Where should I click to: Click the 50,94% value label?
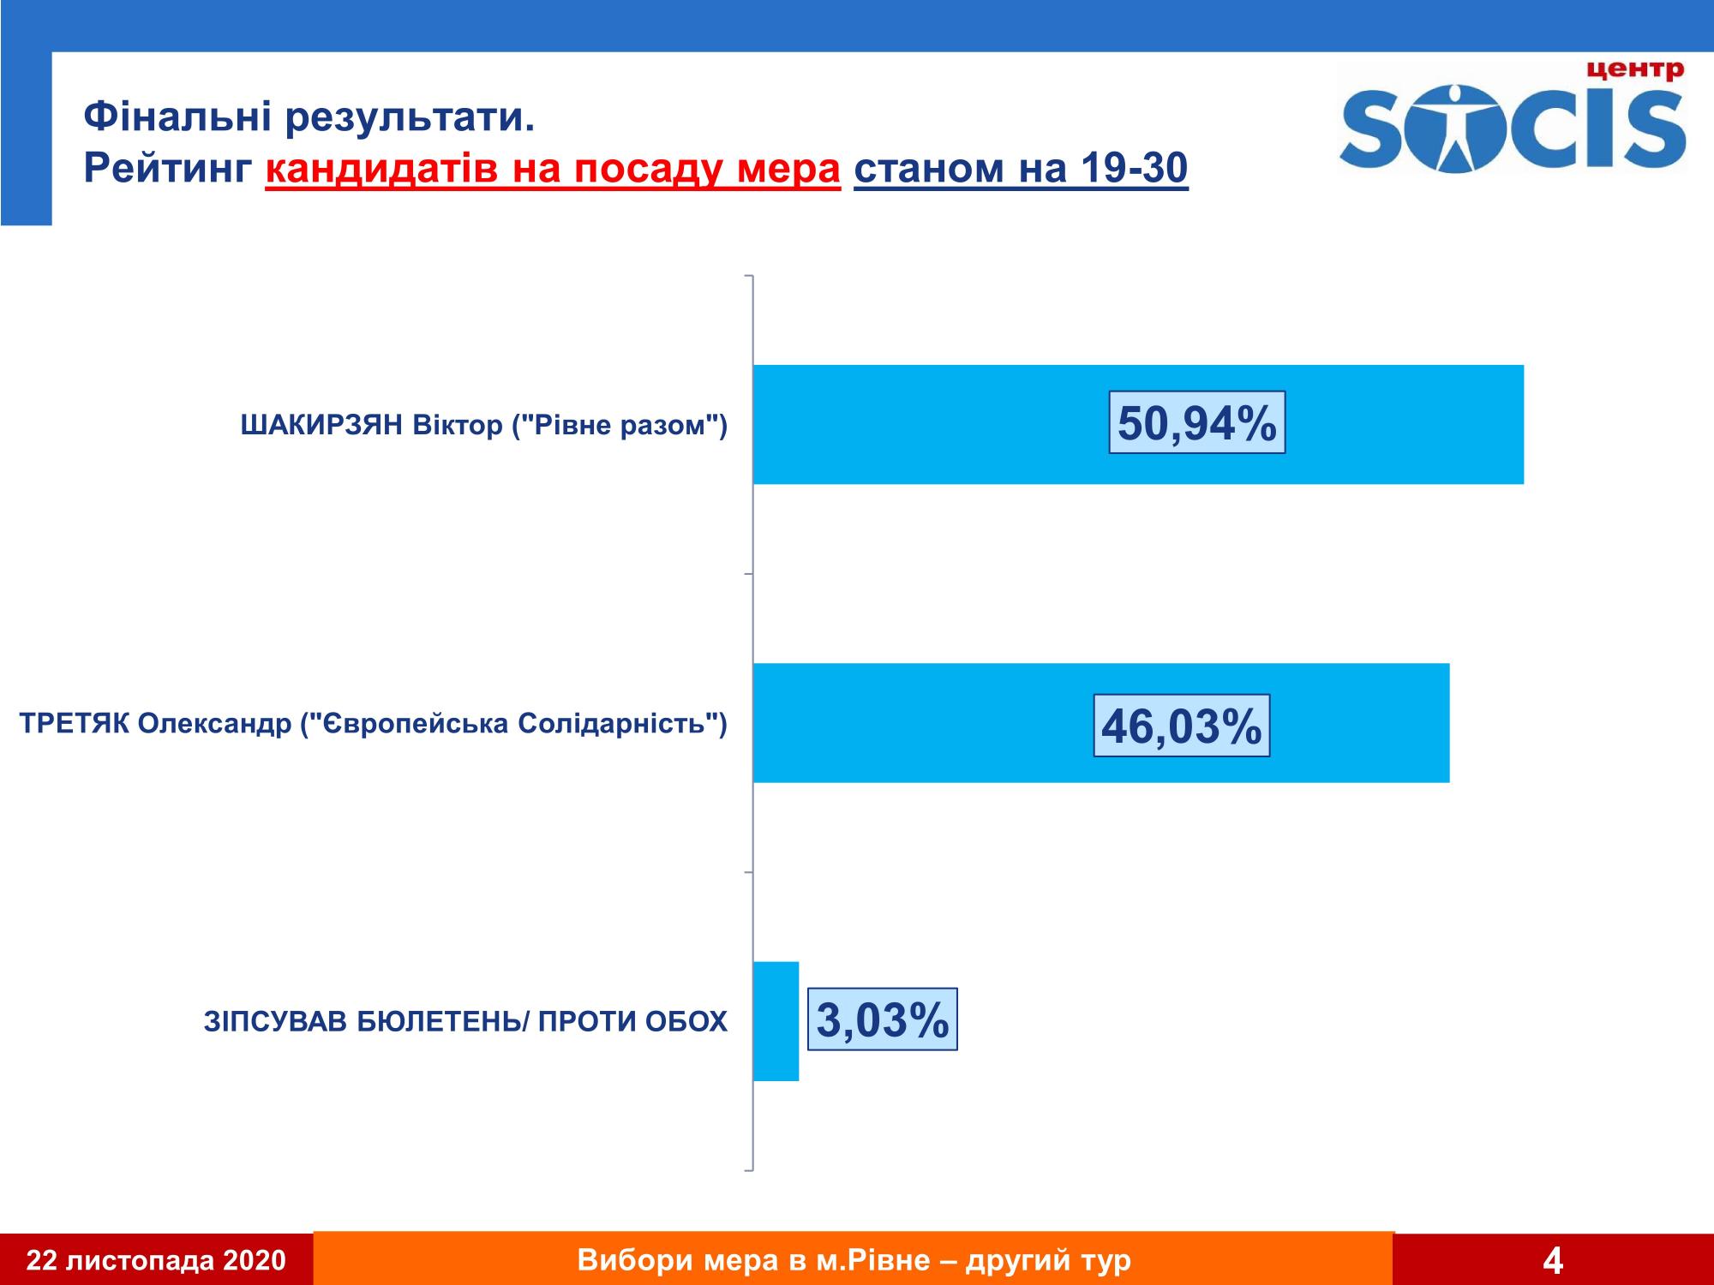(x=1196, y=423)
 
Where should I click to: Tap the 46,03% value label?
(x=1181, y=726)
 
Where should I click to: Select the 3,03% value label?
(x=882, y=1019)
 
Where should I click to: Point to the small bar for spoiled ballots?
(x=776, y=1021)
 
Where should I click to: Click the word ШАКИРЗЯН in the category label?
(x=321, y=426)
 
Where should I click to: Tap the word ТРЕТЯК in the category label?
(x=74, y=724)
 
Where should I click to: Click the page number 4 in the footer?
(x=1552, y=1261)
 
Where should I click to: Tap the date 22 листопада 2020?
(x=156, y=1261)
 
